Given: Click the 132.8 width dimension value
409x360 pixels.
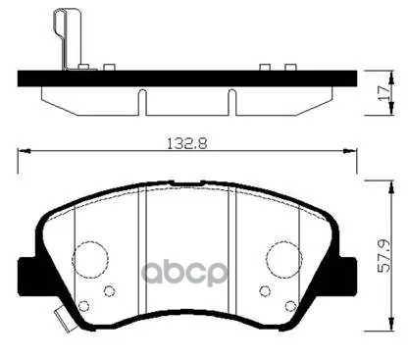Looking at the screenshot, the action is coord(187,143).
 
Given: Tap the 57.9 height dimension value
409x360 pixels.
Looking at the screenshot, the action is coord(384,256).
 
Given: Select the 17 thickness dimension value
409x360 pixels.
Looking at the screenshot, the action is coord(383,93).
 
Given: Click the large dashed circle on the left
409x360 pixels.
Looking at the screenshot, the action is coord(90,258).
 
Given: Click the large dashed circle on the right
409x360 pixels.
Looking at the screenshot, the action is coord(283,258).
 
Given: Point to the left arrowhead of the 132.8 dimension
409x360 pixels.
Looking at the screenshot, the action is coord(24,151).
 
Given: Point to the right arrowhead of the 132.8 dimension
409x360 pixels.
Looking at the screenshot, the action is coord(350,151).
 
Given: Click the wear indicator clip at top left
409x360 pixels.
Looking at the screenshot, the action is coord(67,38).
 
